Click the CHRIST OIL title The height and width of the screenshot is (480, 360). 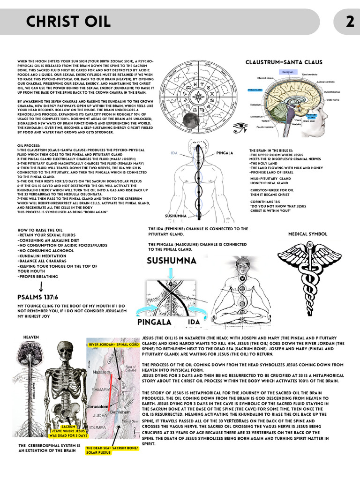(68, 21)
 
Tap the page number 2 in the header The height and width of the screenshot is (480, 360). (350, 22)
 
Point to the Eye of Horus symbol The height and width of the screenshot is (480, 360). (240, 126)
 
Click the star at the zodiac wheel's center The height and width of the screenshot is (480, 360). (199, 97)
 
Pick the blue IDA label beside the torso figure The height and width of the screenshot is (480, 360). (174, 153)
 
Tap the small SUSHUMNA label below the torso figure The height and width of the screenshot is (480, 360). (176, 216)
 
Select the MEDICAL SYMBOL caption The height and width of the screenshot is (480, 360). (307, 234)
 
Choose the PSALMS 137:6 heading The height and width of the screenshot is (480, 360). (37, 297)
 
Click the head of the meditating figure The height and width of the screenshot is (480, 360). (242, 266)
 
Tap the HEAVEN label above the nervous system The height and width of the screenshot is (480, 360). (31, 337)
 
